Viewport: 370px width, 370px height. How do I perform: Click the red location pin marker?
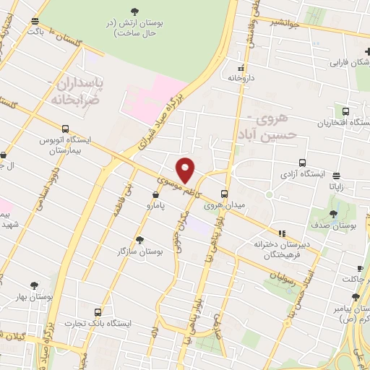[186, 170]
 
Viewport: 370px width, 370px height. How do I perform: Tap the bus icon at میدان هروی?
[225, 194]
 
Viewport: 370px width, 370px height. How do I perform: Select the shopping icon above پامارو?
[156, 194]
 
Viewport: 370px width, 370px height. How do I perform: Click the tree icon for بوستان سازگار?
[139, 239]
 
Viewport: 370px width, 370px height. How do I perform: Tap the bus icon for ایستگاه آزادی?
[301, 163]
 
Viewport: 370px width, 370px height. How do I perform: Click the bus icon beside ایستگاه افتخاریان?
[345, 112]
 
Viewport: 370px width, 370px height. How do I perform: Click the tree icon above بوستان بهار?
[30, 285]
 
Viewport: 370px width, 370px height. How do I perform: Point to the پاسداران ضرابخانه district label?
[80, 92]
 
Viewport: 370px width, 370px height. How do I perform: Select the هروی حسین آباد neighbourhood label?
[267, 127]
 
